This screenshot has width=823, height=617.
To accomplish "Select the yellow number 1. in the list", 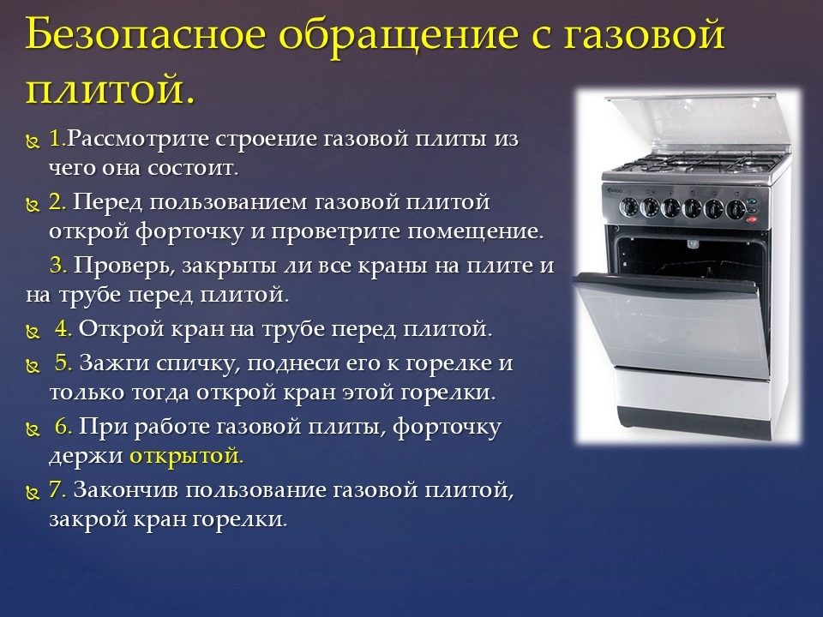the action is [57, 139].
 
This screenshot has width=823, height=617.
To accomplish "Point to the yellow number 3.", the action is [59, 266].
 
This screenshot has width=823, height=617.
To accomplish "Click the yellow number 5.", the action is [64, 362].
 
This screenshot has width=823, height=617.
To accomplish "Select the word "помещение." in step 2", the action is [476, 232].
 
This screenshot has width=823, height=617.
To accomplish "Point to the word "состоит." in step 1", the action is [193, 169].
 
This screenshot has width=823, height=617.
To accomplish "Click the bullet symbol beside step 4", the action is [33, 332].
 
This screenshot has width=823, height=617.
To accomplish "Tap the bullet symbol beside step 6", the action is [33, 429].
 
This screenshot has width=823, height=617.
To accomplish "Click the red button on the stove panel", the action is [752, 219].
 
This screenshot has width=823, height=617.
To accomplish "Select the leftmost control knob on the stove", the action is [628, 207].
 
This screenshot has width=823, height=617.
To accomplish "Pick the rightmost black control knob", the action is [736, 209].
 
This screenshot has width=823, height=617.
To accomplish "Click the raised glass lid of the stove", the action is [698, 126].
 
